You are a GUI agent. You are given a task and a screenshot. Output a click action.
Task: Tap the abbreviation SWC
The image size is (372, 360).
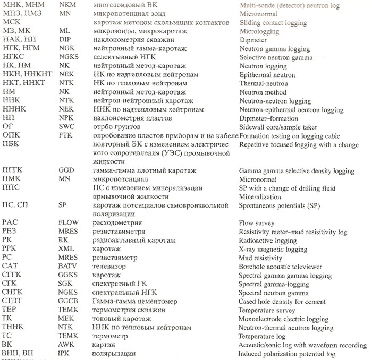tap(66, 127)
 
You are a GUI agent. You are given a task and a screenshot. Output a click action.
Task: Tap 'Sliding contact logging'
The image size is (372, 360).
tap(273, 23)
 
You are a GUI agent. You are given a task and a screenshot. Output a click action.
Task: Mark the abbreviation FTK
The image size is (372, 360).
tap(66, 136)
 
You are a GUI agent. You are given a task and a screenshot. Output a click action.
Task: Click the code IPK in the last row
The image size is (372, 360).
tap(65, 353)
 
